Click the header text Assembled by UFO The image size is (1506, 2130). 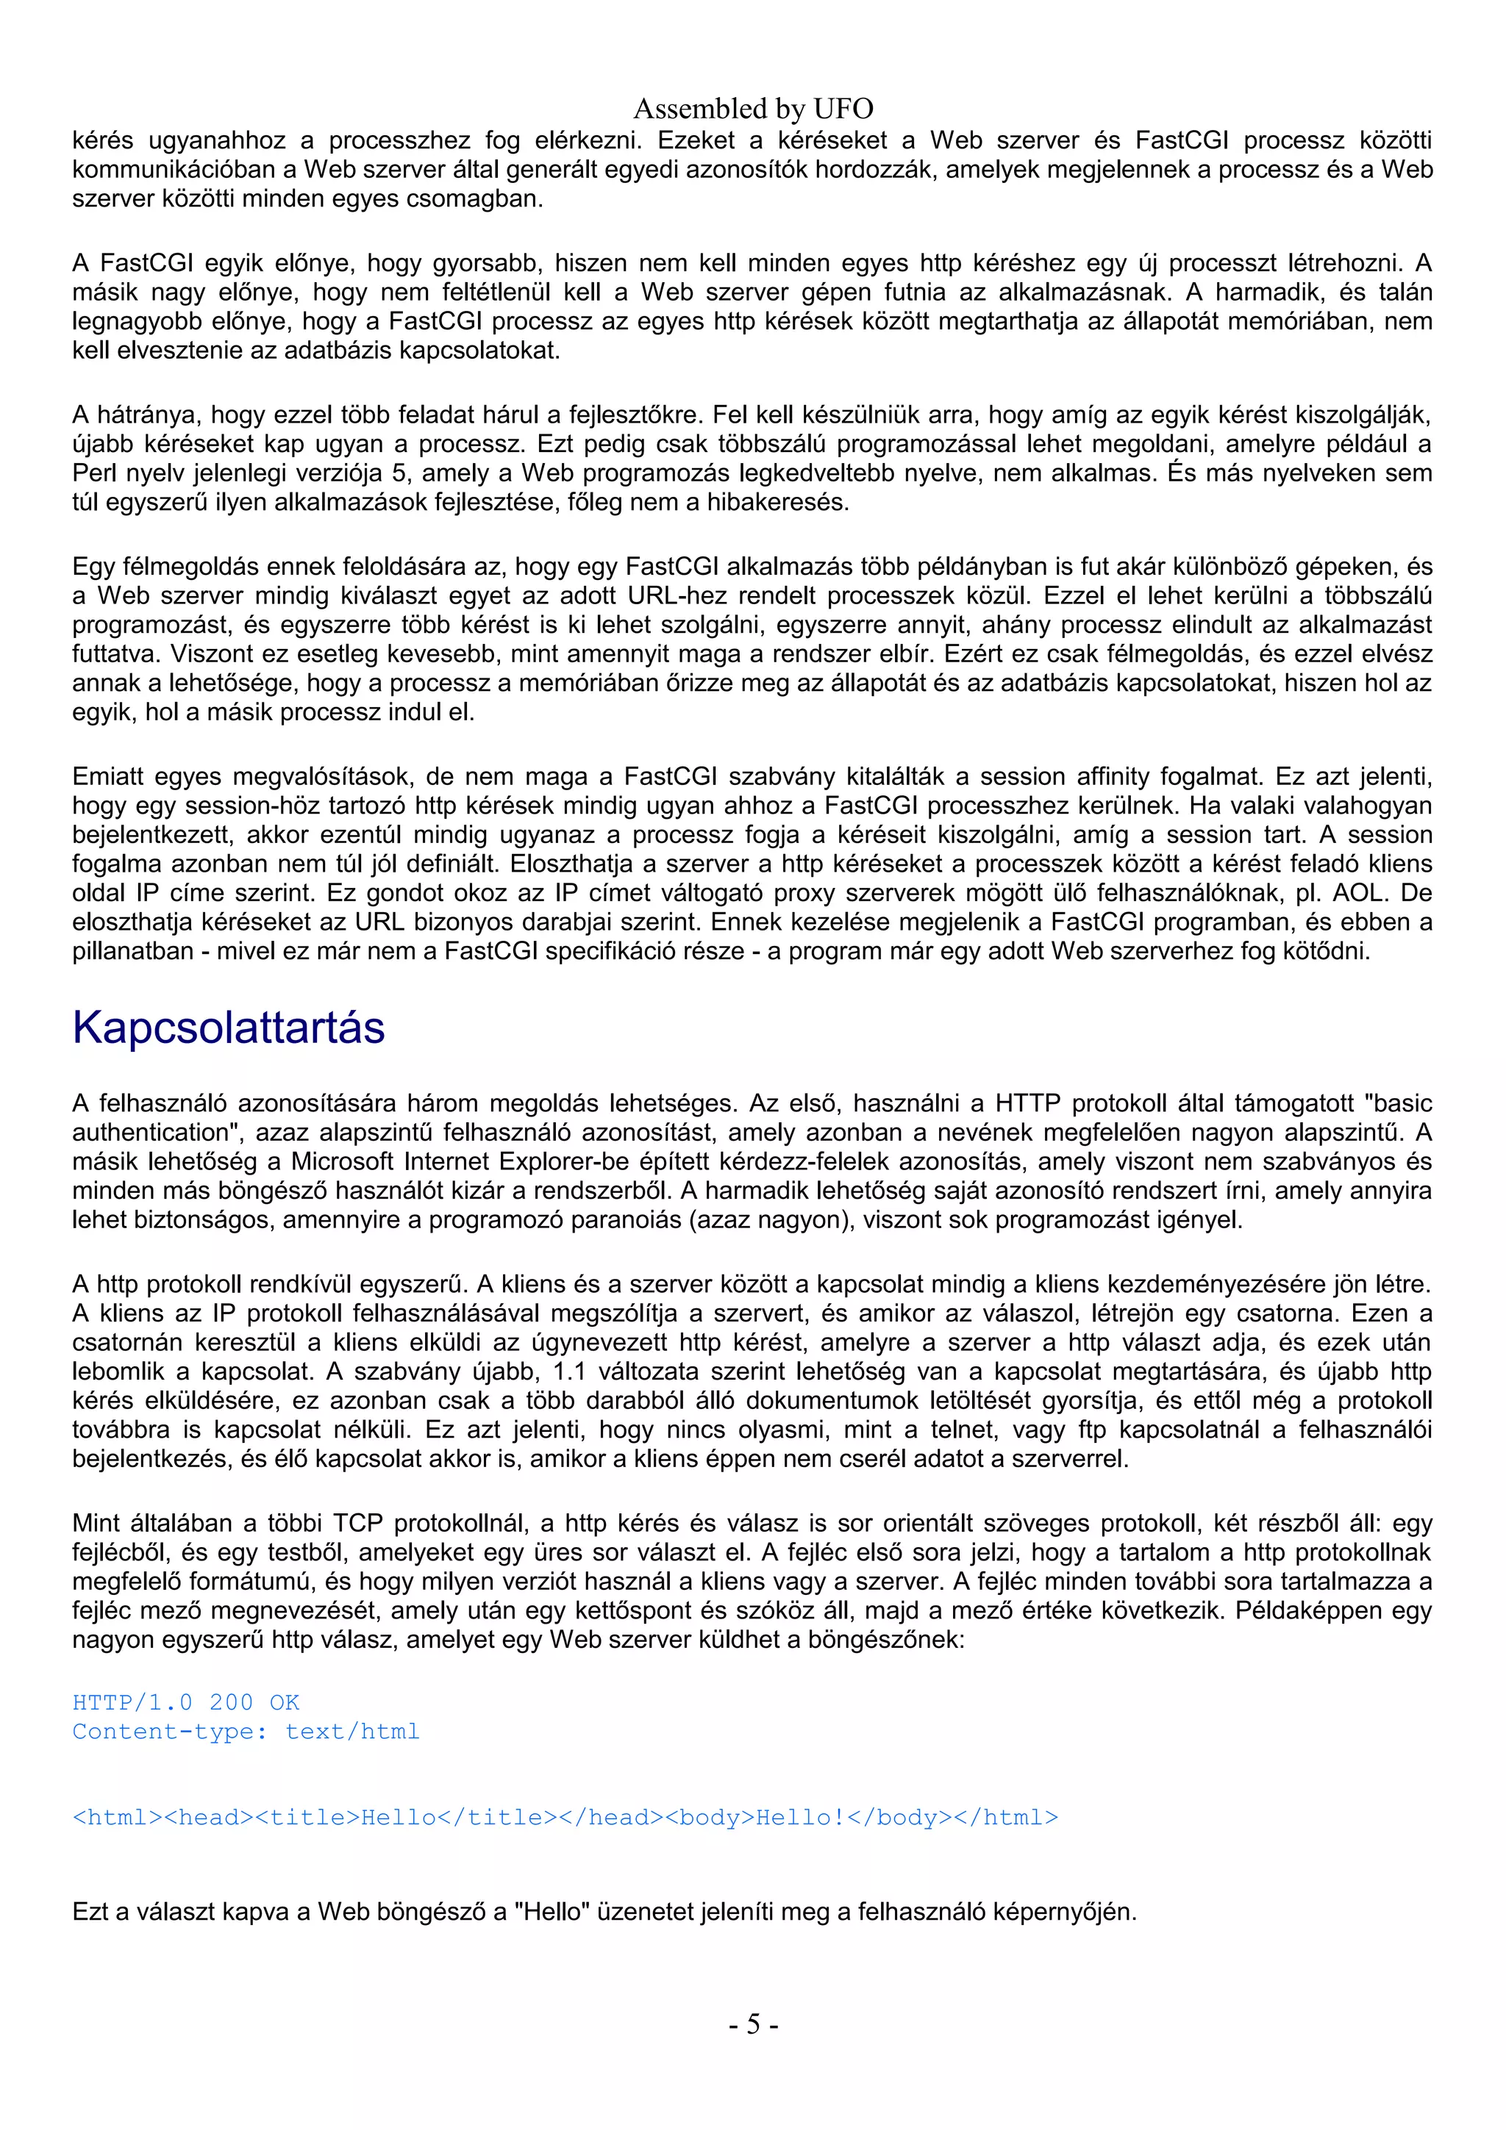point(752,110)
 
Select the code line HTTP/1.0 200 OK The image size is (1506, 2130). point(185,1702)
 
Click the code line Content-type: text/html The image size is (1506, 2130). point(246,1731)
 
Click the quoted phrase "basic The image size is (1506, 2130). point(1396,1103)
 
